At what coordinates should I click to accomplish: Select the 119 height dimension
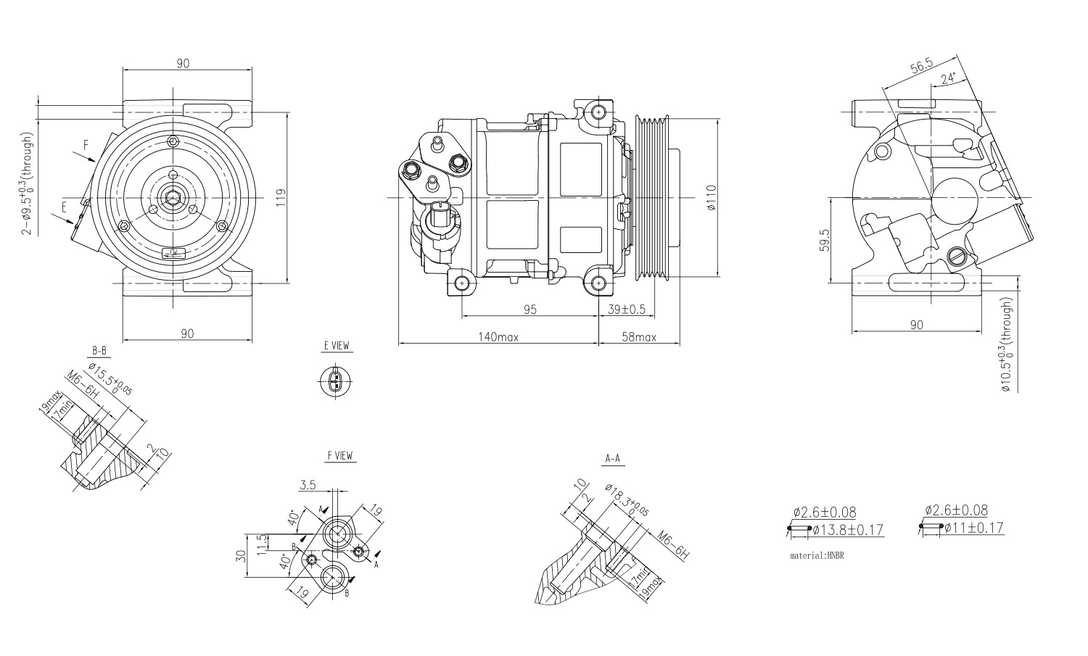pyautogui.click(x=281, y=197)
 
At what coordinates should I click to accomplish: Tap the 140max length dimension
pyautogui.click(x=498, y=337)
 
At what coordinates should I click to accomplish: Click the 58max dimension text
pyautogui.click(x=638, y=337)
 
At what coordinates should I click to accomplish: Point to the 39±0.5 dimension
pyautogui.click(x=626, y=310)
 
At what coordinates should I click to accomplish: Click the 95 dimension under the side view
pyautogui.click(x=529, y=310)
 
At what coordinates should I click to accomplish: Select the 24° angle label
pyautogui.click(x=948, y=77)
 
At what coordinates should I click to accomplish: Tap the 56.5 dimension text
pyautogui.click(x=921, y=67)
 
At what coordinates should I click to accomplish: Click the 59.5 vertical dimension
pyautogui.click(x=825, y=240)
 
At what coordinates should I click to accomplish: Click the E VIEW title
pyautogui.click(x=336, y=346)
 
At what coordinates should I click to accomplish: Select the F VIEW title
pyautogui.click(x=339, y=456)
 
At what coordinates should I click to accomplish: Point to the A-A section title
pyautogui.click(x=612, y=459)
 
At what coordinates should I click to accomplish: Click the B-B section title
pyautogui.click(x=99, y=352)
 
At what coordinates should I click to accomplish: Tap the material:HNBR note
pyautogui.click(x=817, y=556)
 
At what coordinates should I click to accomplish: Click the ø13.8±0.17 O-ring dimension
pyautogui.click(x=848, y=531)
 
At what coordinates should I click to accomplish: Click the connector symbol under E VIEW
pyautogui.click(x=334, y=381)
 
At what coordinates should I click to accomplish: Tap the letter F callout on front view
pyautogui.click(x=86, y=145)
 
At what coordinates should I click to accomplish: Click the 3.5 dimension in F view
pyautogui.click(x=308, y=486)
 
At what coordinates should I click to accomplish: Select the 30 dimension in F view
pyautogui.click(x=242, y=556)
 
